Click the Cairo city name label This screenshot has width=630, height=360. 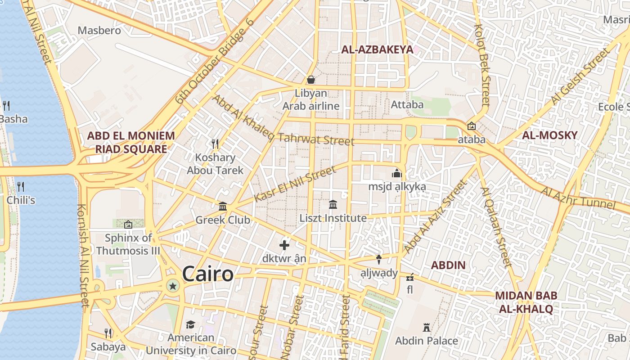(208, 274)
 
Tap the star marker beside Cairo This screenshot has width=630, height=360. (172, 285)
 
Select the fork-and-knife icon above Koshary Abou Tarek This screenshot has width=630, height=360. (215, 144)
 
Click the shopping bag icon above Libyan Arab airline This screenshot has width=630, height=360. (310, 80)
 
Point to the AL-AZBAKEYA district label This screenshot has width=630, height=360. (377, 49)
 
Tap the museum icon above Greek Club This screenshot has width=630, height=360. (223, 207)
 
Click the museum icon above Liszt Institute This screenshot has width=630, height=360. (333, 205)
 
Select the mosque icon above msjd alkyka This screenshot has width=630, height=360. (396, 173)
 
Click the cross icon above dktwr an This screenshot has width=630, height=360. (284, 245)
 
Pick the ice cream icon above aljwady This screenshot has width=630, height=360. (379, 259)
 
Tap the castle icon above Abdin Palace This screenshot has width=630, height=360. (426, 328)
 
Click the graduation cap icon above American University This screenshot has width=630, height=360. (191, 324)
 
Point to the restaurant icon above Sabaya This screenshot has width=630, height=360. (108, 333)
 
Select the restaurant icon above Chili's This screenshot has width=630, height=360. (20, 186)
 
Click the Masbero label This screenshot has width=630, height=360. (99, 31)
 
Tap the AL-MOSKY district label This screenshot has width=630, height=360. (549, 135)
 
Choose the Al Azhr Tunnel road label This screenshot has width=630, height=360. (578, 198)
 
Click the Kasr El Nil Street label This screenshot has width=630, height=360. (295, 184)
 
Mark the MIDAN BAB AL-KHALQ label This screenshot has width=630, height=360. (526, 302)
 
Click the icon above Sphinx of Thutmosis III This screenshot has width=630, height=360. (128, 224)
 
